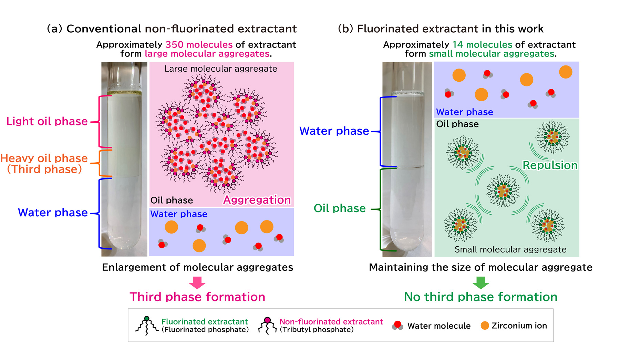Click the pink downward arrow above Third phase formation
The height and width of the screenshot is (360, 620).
pyautogui.click(x=197, y=282)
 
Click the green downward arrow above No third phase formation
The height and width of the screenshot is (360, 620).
pyautogui.click(x=480, y=282)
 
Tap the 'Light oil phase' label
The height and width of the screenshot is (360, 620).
pyautogui.click(x=47, y=121)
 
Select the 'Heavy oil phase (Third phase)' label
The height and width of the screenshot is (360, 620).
pyautogui.click(x=44, y=164)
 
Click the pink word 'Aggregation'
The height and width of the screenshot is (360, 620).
pyautogui.click(x=257, y=200)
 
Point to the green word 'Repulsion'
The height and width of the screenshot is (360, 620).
pyautogui.click(x=550, y=165)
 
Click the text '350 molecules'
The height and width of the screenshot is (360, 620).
pyautogui.click(x=199, y=45)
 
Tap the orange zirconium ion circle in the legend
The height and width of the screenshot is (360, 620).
pyautogui.click(x=485, y=326)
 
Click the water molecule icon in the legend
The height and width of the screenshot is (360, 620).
pyautogui.click(x=397, y=325)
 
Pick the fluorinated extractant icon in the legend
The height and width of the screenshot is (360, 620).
pyautogui.click(x=147, y=326)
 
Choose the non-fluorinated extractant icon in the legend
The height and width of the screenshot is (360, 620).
pyautogui.click(x=267, y=326)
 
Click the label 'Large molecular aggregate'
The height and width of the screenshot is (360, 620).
pyautogui.click(x=221, y=69)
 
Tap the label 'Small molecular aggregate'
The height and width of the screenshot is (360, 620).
pyautogui.click(x=510, y=249)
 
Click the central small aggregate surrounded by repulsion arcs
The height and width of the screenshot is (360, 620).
pyautogui.click(x=503, y=191)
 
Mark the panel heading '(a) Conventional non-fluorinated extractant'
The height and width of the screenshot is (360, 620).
pyautogui.click(x=172, y=29)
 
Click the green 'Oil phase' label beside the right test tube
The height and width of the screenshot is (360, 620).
pyautogui.click(x=340, y=208)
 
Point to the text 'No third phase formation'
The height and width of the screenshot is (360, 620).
pyautogui.click(x=480, y=297)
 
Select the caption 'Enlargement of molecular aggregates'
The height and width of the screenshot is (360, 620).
pyautogui.click(x=197, y=267)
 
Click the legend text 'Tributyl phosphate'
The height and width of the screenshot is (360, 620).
pyautogui.click(x=317, y=330)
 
